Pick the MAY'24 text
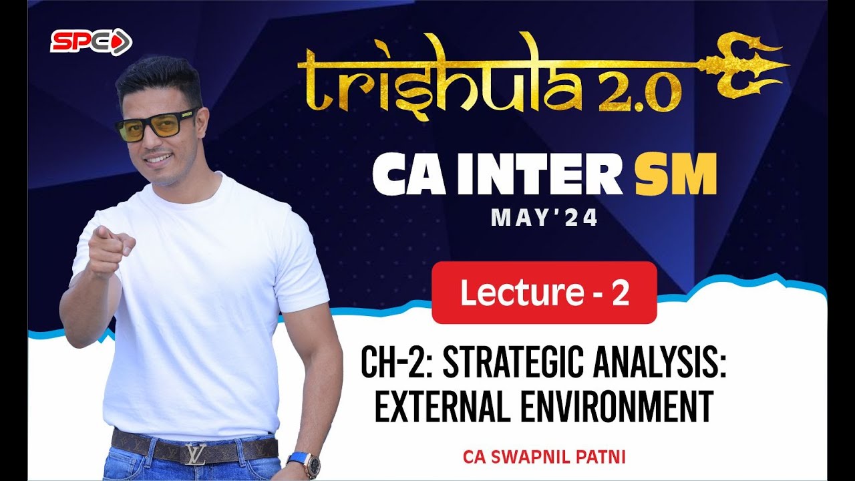click(544, 218)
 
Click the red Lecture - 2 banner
click(544, 293)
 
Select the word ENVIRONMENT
click(617, 408)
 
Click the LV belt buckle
click(195, 453)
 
